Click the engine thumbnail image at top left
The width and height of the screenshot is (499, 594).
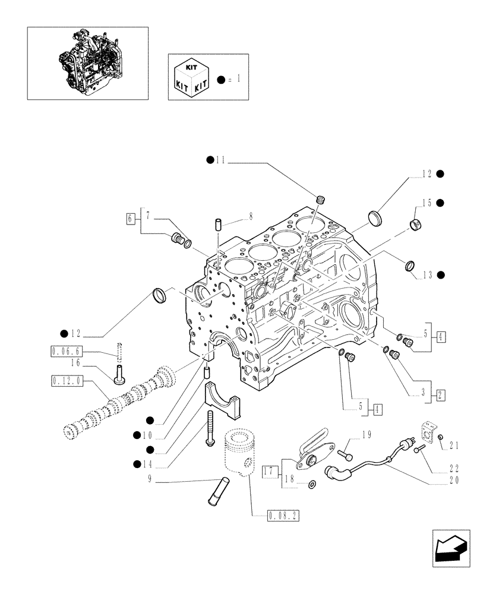87,62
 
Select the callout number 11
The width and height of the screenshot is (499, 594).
220,160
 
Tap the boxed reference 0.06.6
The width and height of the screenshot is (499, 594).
65,350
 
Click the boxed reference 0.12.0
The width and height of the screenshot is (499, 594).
67,379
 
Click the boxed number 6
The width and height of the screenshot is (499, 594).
131,219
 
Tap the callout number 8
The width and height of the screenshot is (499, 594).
251,217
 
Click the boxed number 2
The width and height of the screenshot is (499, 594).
441,394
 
